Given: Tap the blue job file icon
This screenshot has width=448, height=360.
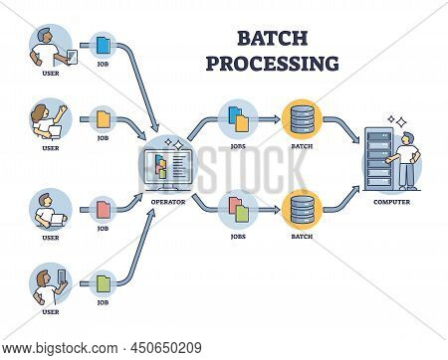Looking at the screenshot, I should pos(104,44).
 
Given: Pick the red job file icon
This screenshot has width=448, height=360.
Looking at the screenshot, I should pos(104,208).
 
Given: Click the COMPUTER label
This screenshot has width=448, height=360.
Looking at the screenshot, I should pos(391,200).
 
